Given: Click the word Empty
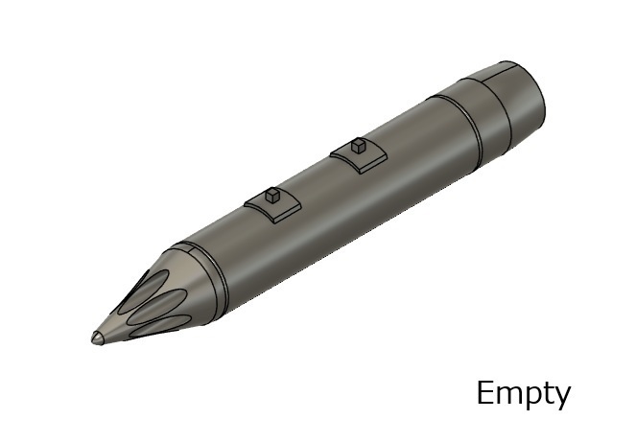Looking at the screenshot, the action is pyautogui.click(x=524, y=393).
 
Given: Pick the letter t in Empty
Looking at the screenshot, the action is pyautogui.click(x=550, y=393).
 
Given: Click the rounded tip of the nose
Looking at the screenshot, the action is pyautogui.click(x=97, y=338).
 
